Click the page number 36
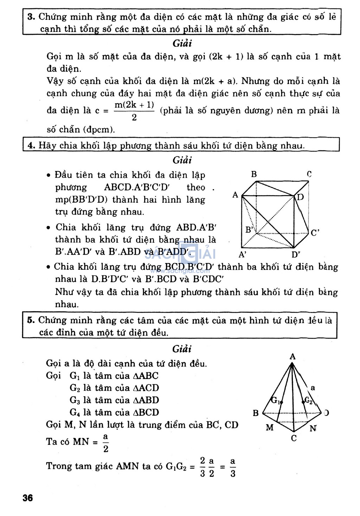pos(28,497)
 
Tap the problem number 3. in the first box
pos(31,17)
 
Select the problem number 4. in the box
pos(31,145)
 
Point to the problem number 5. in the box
pos(31,320)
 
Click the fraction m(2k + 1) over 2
pos(134,111)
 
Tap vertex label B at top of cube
pos(254,174)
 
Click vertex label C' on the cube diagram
pos(315,233)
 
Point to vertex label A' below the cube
pos(242,255)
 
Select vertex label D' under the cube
pos(295,255)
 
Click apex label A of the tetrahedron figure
pos(292,357)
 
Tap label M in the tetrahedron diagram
pos(270,427)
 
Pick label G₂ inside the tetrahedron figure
pos(308,400)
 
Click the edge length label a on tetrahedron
pos(313,388)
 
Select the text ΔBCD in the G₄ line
pos(146,412)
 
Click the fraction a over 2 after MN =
pos(105,443)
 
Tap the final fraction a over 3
pos(233,467)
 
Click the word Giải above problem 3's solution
pos(182,43)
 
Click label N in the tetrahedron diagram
pos(313,428)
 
